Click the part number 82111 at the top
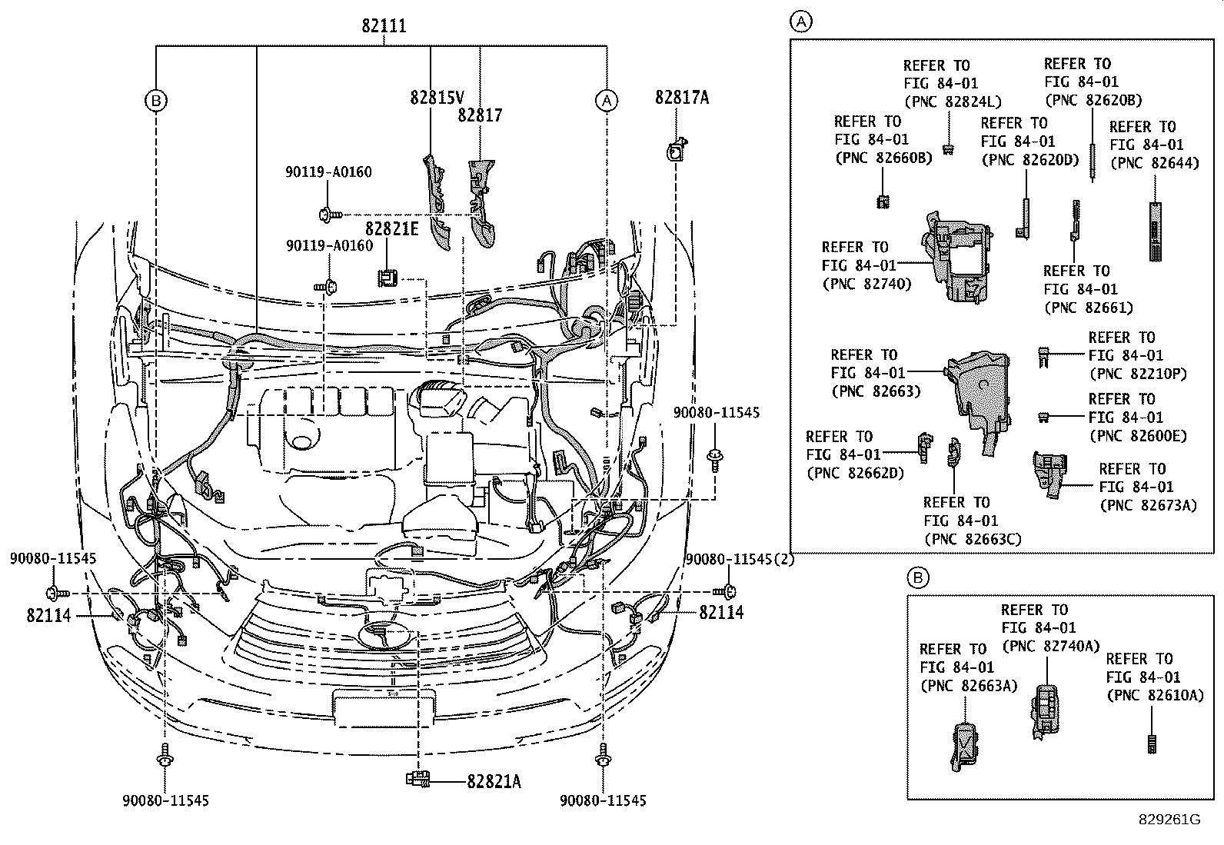(x=384, y=26)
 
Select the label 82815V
(x=437, y=98)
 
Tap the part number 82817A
(x=682, y=97)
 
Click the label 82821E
(x=392, y=229)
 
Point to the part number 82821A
(x=494, y=782)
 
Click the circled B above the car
(x=156, y=100)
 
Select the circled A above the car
(x=607, y=100)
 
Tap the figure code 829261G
(x=1169, y=820)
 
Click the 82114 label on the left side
(x=48, y=615)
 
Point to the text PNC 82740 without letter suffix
(x=866, y=284)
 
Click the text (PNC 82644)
(x=1154, y=163)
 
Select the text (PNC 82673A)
(x=1149, y=505)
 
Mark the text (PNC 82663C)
(x=973, y=539)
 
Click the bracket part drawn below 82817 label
(x=483, y=204)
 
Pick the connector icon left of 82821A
(x=417, y=779)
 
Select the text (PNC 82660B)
(x=883, y=158)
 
